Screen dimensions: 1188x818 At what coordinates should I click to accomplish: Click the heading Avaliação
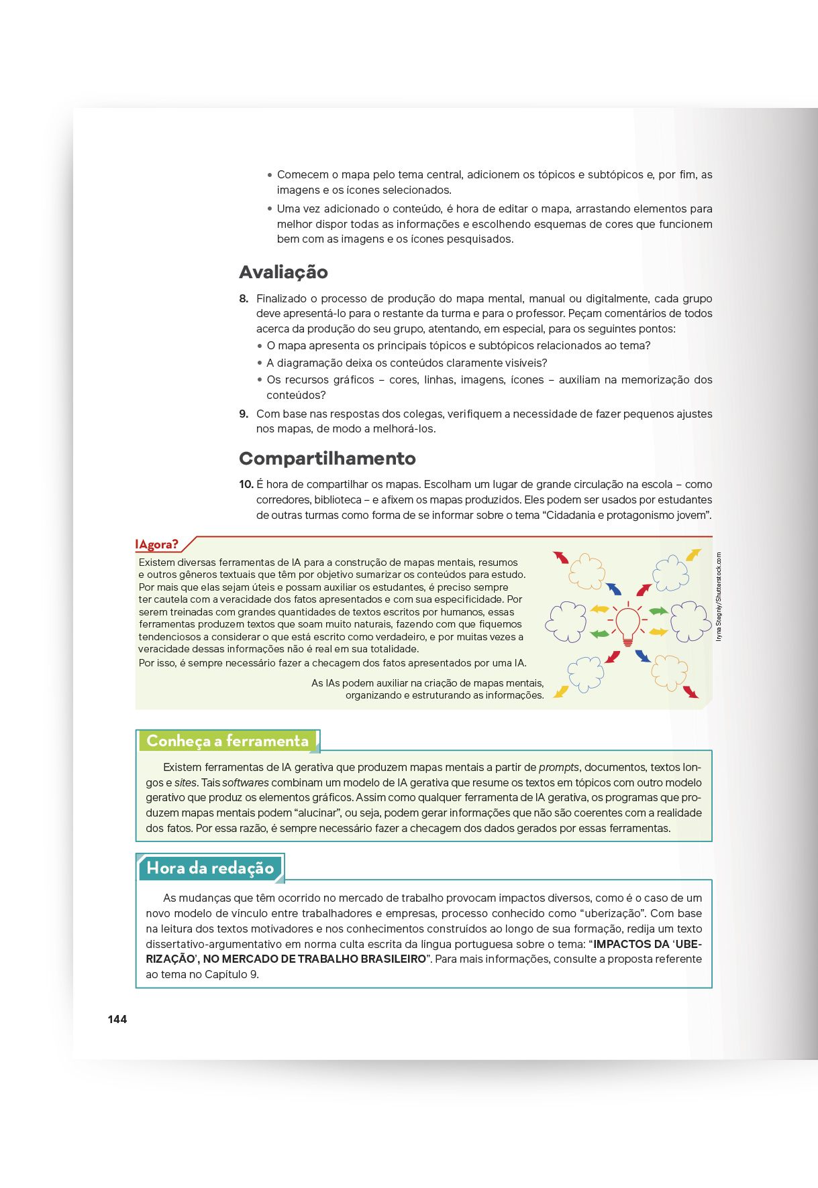point(283,272)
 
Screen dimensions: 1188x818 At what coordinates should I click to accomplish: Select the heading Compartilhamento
point(327,459)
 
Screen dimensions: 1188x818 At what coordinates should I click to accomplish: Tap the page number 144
point(117,1019)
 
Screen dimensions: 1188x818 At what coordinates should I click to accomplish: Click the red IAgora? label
point(156,544)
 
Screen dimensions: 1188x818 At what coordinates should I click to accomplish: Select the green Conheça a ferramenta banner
point(227,741)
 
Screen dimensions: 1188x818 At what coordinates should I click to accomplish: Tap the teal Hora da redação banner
point(210,868)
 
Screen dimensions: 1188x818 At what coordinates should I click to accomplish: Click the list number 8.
point(244,298)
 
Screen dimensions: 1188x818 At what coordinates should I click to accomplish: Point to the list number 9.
point(244,414)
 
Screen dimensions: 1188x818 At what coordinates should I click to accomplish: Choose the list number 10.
point(246,484)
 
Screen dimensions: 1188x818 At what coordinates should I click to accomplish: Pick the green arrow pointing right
point(658,611)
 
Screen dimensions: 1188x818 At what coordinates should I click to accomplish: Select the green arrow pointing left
point(599,634)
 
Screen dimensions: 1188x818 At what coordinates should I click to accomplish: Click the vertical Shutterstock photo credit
point(719,597)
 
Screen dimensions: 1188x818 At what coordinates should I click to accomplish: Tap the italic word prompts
point(559,767)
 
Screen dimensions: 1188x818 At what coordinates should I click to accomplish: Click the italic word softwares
point(246,782)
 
